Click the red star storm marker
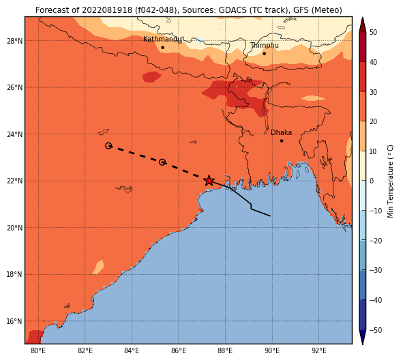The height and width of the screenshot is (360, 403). [209, 181]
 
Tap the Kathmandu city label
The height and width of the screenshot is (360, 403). [162, 40]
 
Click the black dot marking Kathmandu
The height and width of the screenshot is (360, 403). [162, 48]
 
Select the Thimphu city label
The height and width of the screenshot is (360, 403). [265, 46]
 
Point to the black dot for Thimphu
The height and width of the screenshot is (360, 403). [264, 53]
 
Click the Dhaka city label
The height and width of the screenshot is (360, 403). [281, 132]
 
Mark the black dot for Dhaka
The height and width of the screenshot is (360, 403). [282, 141]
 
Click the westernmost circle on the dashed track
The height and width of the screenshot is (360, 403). [108, 146]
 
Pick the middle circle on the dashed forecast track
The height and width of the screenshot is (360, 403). [162, 162]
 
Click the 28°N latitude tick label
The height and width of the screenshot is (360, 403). [14, 41]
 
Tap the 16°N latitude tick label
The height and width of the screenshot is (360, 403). [14, 321]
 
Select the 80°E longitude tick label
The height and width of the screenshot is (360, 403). [38, 350]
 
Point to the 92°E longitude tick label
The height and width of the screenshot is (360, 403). [319, 350]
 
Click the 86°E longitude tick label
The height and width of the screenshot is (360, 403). [179, 350]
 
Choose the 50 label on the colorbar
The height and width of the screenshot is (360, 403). [373, 32]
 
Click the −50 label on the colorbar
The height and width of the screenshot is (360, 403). [376, 330]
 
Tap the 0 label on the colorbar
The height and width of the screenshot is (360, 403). [372, 181]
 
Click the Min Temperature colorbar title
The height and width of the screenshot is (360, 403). [391, 181]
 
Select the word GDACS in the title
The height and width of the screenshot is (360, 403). [231, 10]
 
